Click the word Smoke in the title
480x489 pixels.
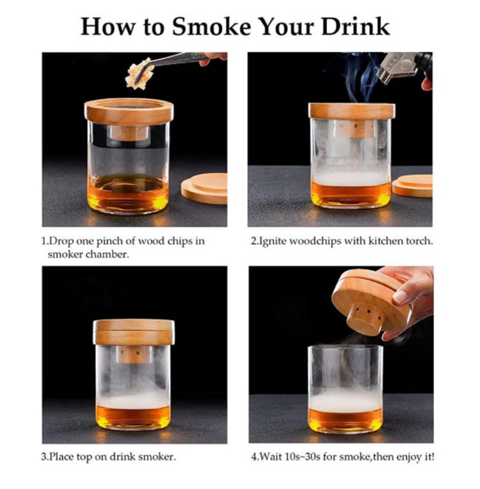[x=211, y=27]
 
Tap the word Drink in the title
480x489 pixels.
[x=355, y=26]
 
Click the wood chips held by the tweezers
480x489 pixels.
[x=139, y=74]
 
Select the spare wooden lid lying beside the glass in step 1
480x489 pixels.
[x=205, y=189]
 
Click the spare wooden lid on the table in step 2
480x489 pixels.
[x=412, y=185]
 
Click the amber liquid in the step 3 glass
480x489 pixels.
[x=134, y=417]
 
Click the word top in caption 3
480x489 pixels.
[x=85, y=458]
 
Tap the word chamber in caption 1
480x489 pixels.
[x=107, y=254]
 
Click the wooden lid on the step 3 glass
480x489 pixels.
[x=134, y=332]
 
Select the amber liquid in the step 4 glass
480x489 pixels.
[x=346, y=420]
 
